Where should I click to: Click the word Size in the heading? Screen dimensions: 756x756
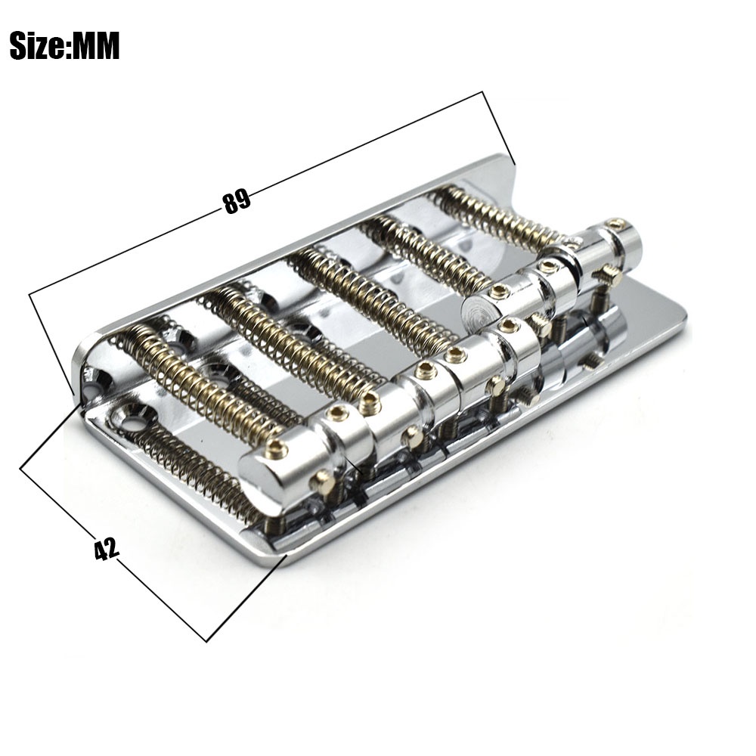(39, 46)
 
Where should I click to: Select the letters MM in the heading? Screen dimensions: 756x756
(95, 46)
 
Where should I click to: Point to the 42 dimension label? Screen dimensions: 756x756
(106, 549)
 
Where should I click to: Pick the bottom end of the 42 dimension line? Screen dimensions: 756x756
(206, 641)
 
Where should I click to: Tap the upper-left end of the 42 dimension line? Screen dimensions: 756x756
(20, 468)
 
